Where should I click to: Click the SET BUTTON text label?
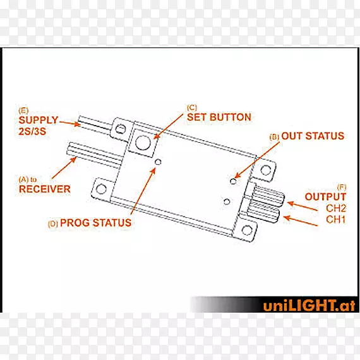point(219,117)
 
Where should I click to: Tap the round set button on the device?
point(143,143)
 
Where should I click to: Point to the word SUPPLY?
point(39,120)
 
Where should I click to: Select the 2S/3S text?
point(32,131)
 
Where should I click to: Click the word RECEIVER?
point(45,189)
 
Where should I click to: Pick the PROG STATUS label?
point(95,223)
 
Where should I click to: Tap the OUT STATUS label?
point(313,136)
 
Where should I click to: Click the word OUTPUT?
point(325,197)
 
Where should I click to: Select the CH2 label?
point(336,208)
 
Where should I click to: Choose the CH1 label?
point(336,220)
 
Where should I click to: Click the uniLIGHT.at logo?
point(309,305)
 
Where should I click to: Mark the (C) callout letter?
point(192,107)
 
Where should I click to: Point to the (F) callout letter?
point(342,188)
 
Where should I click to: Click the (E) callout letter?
point(23,111)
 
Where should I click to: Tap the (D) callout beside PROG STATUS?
point(53,224)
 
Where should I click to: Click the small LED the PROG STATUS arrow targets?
point(158,162)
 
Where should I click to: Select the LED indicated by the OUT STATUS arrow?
point(233,181)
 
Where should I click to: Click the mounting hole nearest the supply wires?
point(120,129)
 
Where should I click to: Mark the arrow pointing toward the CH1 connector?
point(301,221)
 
